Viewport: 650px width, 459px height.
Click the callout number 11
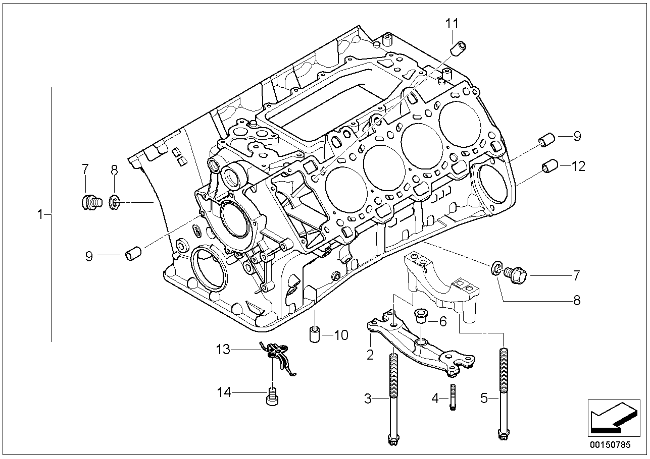pos(452,24)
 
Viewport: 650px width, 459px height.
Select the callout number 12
pos(578,166)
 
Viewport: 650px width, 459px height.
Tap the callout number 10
pos(341,335)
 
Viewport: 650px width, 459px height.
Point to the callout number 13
pos(223,350)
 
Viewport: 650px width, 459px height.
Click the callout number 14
pos(224,392)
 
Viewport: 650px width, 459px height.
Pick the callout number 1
pos(40,215)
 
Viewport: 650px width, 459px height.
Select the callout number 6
pos(443,321)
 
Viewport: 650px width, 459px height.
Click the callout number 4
pos(435,399)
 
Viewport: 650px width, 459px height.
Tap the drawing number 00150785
pos(610,445)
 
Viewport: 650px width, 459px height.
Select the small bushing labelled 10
pos(315,334)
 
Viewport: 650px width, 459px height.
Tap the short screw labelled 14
pos(272,396)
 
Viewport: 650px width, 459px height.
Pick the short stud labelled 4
pos(453,397)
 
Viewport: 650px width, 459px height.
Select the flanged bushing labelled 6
pos(420,316)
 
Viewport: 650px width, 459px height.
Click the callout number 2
pos(370,355)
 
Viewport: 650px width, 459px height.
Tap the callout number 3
pos(368,399)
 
